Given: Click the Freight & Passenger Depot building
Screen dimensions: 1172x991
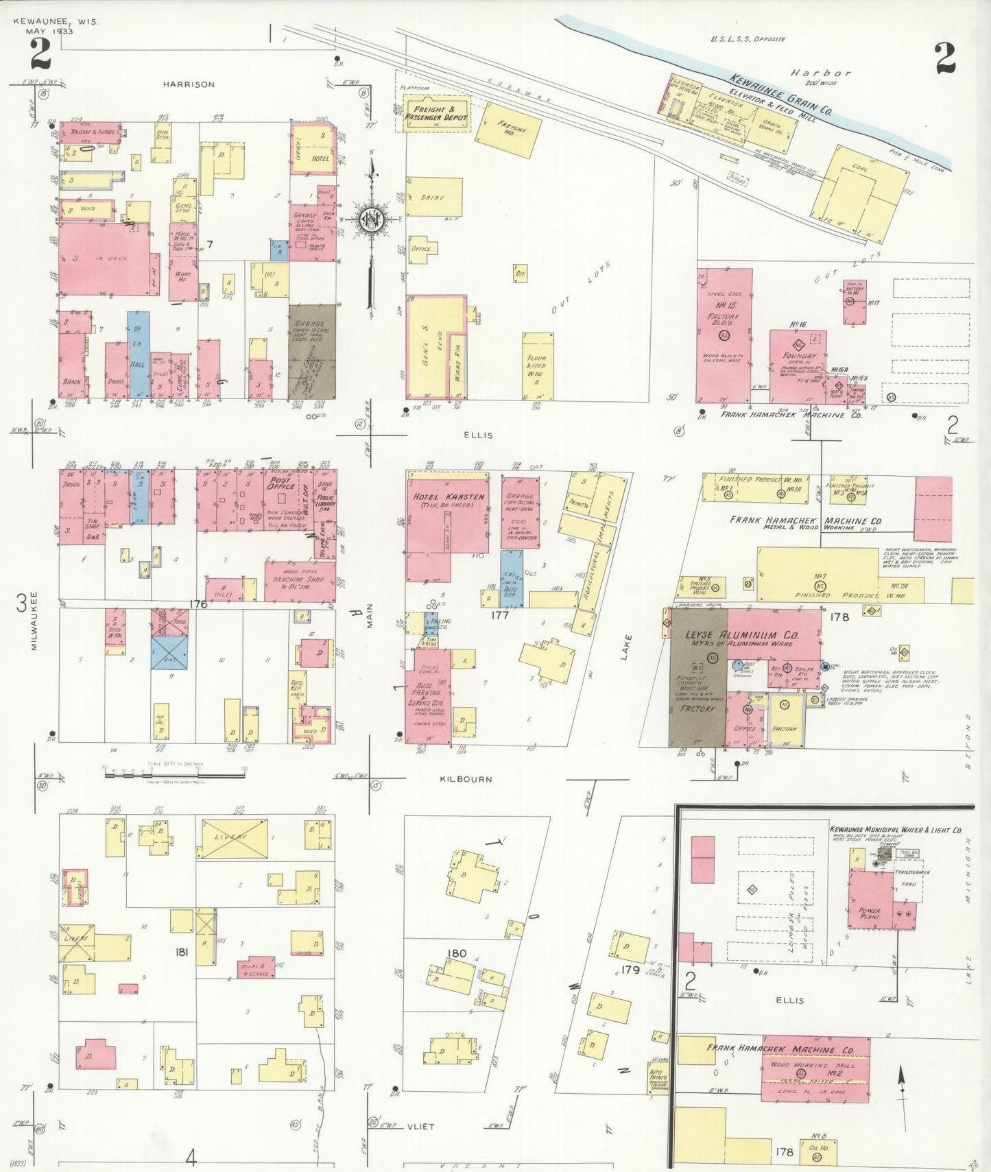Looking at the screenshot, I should click(x=435, y=113).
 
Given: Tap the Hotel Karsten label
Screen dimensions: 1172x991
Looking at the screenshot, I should click(x=449, y=497).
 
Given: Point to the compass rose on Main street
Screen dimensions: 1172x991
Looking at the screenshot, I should click(x=372, y=219).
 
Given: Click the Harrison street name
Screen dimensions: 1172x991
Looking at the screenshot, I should click(x=189, y=84).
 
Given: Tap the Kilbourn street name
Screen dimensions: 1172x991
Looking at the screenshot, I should click(x=466, y=779).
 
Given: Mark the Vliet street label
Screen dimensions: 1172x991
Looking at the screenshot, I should click(x=420, y=1126).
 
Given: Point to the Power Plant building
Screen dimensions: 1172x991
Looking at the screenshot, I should click(x=871, y=900).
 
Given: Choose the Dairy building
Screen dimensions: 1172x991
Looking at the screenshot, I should click(x=433, y=198).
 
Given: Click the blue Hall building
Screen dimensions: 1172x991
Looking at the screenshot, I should click(x=139, y=355).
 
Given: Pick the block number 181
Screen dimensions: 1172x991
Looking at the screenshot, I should click(x=182, y=953).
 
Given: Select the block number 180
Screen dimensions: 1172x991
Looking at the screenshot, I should click(x=457, y=953).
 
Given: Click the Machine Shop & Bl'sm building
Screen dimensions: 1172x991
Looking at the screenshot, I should click(x=300, y=582).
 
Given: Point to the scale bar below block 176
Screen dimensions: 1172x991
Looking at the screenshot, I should click(x=175, y=773).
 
